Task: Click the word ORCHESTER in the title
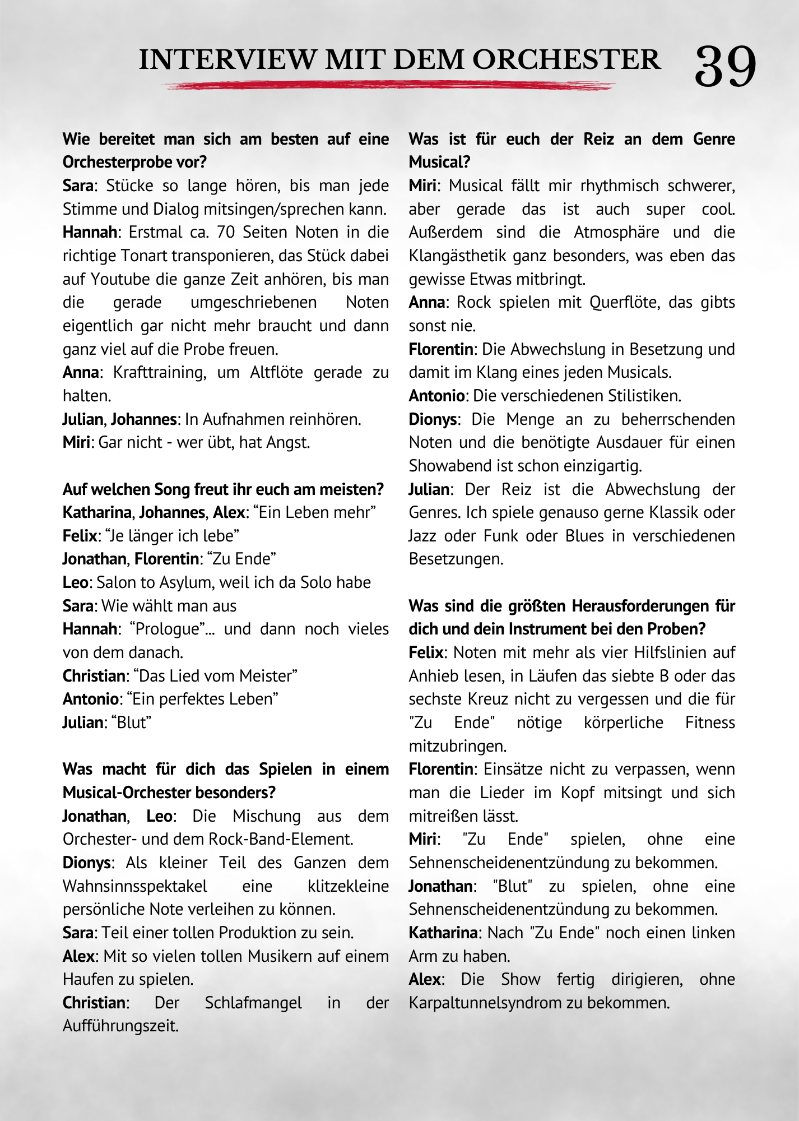(x=566, y=60)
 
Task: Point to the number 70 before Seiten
(x=226, y=232)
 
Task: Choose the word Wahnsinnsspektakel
(x=135, y=886)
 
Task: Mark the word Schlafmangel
(x=253, y=1003)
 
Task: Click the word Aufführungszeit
(x=120, y=1026)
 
